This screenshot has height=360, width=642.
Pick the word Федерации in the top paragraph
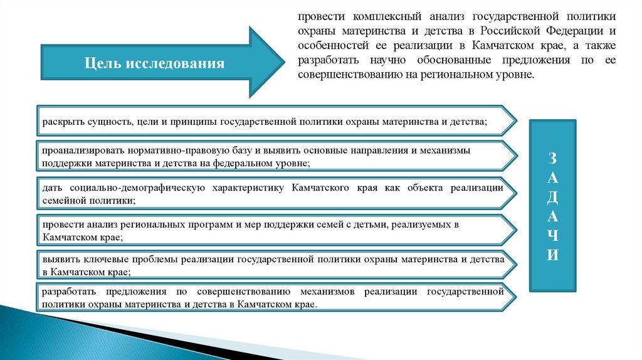coord(574,31)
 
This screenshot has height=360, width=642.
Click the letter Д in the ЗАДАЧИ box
coord(552,196)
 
